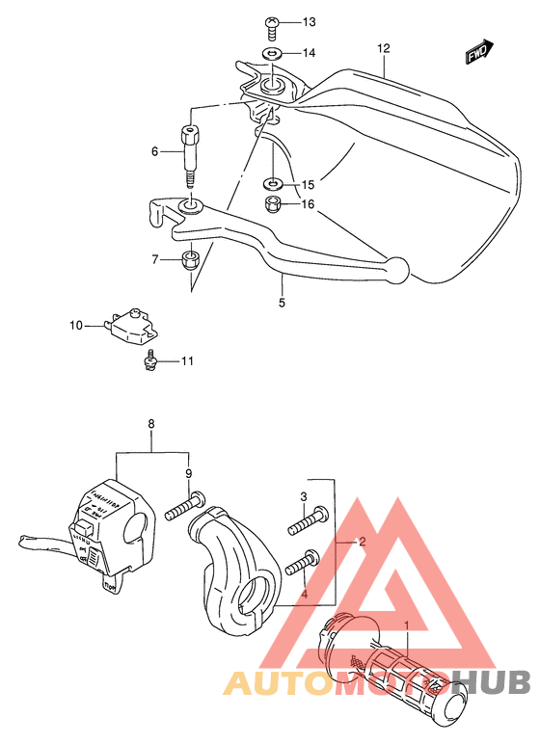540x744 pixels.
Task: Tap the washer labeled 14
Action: (x=273, y=53)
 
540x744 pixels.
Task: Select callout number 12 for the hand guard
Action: (x=384, y=47)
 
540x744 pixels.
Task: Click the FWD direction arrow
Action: (x=479, y=53)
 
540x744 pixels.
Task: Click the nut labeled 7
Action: (x=191, y=258)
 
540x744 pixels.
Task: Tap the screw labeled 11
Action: (x=150, y=360)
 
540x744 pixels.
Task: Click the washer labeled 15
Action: (x=274, y=183)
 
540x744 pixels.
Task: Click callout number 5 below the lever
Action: (x=283, y=303)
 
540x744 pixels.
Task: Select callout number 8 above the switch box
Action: (x=150, y=424)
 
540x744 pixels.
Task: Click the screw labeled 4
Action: (x=300, y=563)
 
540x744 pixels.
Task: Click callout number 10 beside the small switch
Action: (x=76, y=326)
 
